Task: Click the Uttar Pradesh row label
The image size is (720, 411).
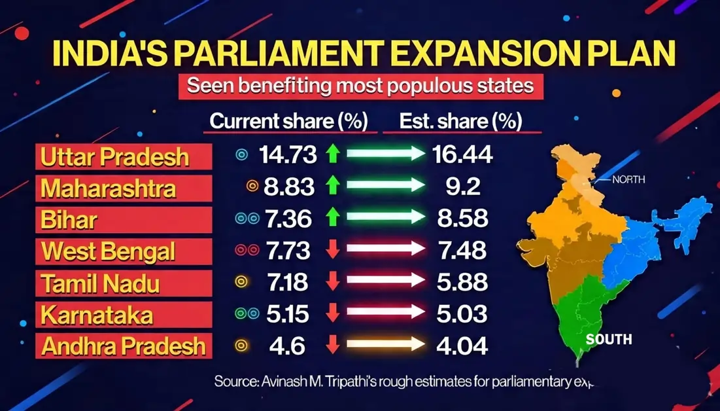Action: click(114, 157)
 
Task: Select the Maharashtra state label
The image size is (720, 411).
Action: click(108, 188)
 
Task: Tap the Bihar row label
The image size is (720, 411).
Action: click(69, 220)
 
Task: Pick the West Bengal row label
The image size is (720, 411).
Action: click(108, 251)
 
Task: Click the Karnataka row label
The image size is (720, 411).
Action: click(97, 314)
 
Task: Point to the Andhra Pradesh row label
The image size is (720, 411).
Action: click(123, 346)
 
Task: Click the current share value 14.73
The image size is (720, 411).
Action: click(288, 155)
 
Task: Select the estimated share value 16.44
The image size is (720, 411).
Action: click(462, 155)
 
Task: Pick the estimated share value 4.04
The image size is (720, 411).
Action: click(462, 345)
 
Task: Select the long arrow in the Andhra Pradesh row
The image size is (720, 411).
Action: click(385, 345)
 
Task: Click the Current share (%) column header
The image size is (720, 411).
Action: click(288, 121)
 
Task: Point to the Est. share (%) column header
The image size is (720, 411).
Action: click(462, 121)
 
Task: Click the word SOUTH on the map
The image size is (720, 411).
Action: click(609, 339)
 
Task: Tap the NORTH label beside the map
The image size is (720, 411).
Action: click(628, 179)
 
